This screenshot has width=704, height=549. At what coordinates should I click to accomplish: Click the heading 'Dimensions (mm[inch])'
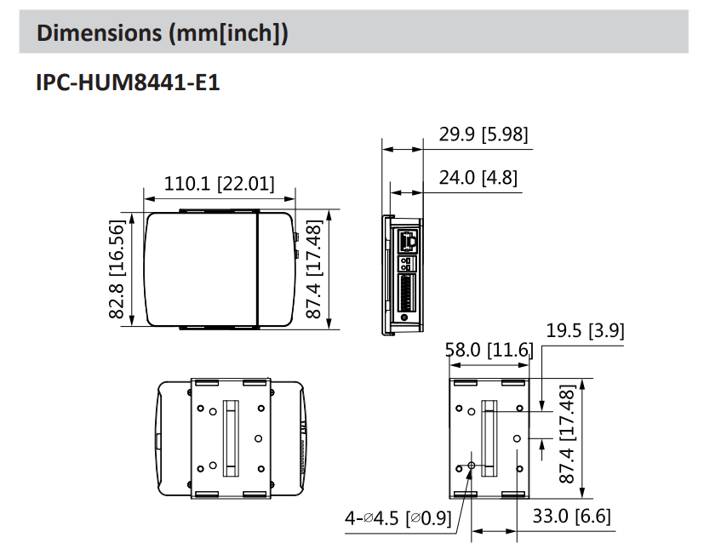point(162,33)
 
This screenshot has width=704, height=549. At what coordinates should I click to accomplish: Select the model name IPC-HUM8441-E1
point(128,83)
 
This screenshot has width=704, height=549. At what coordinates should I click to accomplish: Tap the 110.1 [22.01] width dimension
point(219,183)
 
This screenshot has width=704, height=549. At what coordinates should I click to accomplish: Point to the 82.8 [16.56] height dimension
point(117,269)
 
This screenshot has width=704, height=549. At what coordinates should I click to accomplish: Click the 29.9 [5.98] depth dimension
point(483,134)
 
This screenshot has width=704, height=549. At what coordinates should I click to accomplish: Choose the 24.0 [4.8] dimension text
point(478,178)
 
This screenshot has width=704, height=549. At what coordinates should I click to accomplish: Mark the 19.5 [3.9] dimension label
point(585,331)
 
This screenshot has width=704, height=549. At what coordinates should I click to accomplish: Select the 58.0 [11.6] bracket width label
point(489,351)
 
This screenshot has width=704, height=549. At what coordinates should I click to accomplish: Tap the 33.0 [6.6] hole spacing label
point(571,516)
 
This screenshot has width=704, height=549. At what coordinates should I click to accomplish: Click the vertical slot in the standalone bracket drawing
point(489,437)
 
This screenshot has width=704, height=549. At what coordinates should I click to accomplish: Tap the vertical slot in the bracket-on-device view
point(229,437)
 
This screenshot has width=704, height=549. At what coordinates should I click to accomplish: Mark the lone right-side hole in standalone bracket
point(518,437)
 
